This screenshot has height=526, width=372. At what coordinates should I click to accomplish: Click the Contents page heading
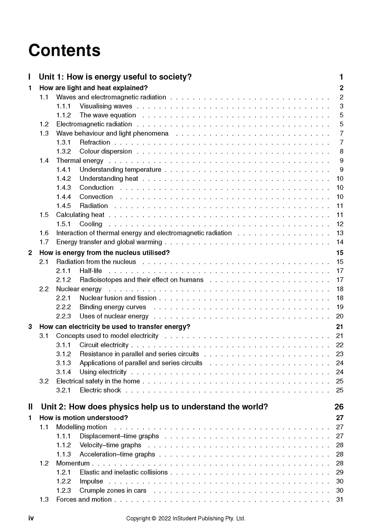[x=65, y=50]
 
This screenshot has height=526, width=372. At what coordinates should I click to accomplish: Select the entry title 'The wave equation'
[x=108, y=115]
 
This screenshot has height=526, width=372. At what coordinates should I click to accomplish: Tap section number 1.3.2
[x=64, y=151]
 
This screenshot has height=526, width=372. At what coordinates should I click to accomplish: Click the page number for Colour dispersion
[x=341, y=151]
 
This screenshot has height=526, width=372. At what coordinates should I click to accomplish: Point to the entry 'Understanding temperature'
[x=120, y=170]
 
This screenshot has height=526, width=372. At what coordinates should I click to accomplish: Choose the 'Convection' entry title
[x=96, y=197]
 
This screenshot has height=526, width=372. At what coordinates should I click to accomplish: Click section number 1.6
[x=44, y=233]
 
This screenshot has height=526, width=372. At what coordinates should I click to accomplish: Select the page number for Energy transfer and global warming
[x=340, y=242]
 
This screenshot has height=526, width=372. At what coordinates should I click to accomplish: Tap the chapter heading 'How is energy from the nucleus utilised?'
[x=104, y=253]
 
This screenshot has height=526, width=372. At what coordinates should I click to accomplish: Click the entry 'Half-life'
[x=91, y=271]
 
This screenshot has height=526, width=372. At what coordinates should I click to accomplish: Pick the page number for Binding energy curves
[x=340, y=307]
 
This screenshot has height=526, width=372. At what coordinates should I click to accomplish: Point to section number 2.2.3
[x=64, y=316]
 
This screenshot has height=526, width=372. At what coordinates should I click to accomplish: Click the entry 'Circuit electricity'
[x=104, y=345]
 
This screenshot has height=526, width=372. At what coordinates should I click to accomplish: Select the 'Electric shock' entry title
[x=100, y=390]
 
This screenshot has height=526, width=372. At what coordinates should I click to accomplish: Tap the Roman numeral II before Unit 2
[x=31, y=407]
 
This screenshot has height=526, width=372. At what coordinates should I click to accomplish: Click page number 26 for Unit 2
[x=339, y=407]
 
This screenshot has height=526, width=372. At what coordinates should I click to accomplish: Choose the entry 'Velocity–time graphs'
[x=110, y=445]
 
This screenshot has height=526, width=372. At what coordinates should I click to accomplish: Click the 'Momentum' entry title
[x=73, y=463]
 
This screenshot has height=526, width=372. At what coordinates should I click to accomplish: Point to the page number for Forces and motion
[x=340, y=499]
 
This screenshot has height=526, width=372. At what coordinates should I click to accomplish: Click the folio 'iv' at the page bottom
[x=31, y=518]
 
